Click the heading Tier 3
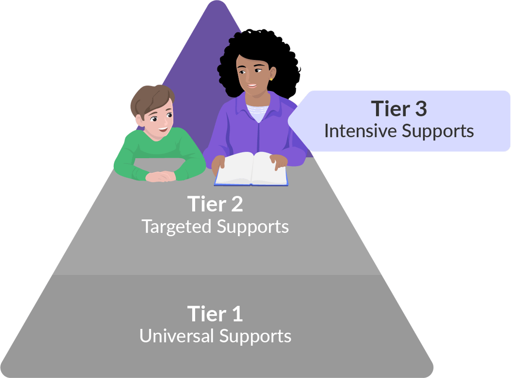click(399, 109)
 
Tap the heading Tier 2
click(215, 204)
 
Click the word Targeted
click(177, 226)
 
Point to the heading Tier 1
click(215, 314)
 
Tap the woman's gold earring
click(271, 79)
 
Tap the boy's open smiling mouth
click(162, 128)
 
